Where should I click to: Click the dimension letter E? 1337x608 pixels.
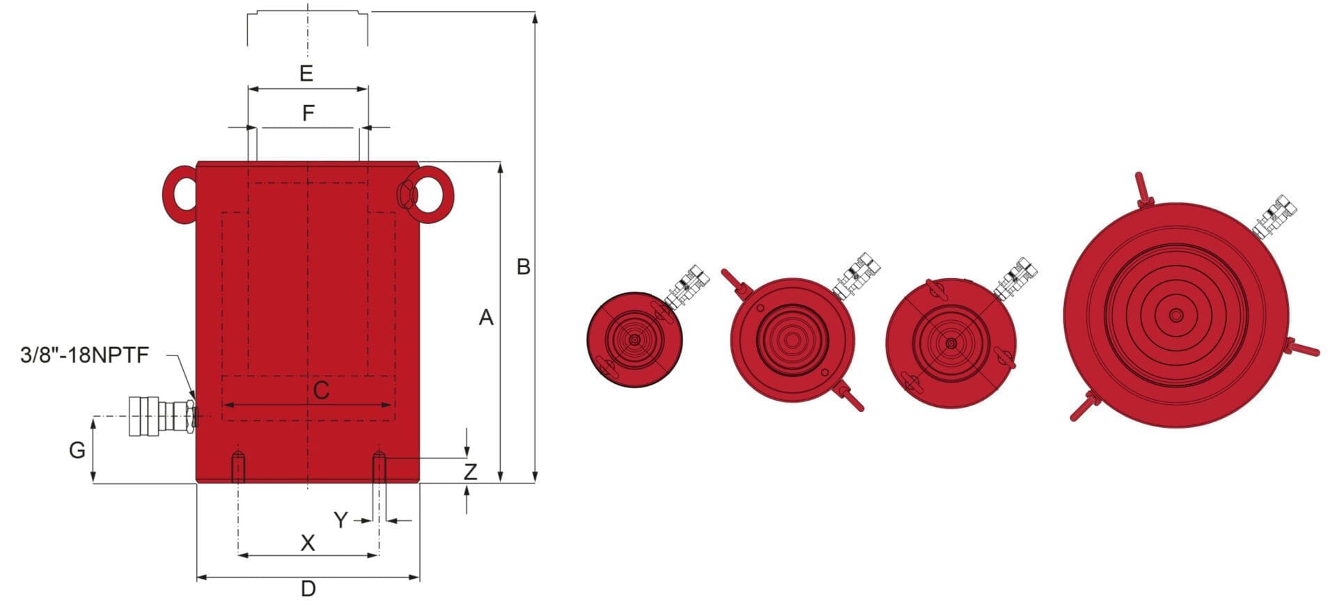point(306,73)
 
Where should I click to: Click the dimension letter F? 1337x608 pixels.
point(308,113)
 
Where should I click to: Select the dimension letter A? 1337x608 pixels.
point(486,318)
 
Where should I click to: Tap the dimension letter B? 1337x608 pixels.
point(524,266)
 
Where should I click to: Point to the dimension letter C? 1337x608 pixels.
point(321,391)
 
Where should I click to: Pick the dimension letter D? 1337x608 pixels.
point(308,589)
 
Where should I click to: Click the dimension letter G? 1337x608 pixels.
point(77,450)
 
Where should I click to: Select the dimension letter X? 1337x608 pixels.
point(307,543)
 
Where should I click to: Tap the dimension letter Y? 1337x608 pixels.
point(341,520)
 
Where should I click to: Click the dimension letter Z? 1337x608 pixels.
point(471,472)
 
